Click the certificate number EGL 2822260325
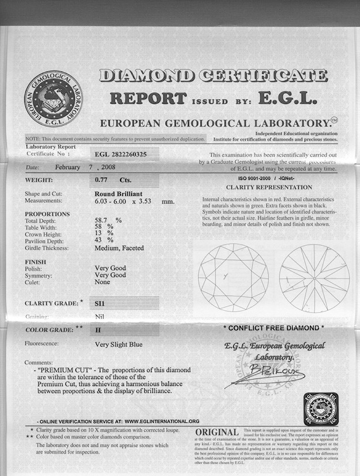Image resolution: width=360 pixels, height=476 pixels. pyautogui.click(x=127, y=154)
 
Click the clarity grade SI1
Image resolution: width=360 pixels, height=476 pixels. pyautogui.click(x=100, y=302)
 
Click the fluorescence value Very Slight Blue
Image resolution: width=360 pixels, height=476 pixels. pyautogui.click(x=118, y=344)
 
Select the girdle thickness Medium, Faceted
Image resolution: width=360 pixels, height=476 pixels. pyautogui.click(x=119, y=248)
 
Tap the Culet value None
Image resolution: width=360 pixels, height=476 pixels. pyautogui.click(x=102, y=282)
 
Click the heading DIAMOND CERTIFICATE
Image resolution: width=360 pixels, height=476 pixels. pyautogui.click(x=213, y=76)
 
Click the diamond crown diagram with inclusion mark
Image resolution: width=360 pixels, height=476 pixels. pyautogui.click(x=233, y=278)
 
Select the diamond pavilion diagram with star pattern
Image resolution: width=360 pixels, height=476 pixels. pyautogui.click(x=314, y=278)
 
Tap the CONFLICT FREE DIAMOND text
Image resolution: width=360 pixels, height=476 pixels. pyautogui.click(x=273, y=328)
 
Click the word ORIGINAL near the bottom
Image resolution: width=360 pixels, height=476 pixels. pyautogui.click(x=217, y=433)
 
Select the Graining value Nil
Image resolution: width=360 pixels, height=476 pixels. pyautogui.click(x=99, y=317)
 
